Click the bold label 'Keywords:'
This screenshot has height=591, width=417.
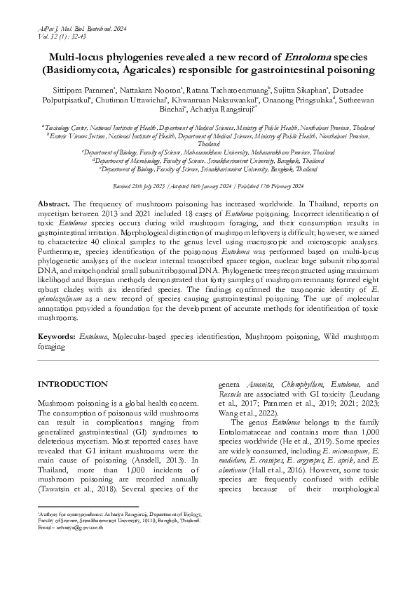57,337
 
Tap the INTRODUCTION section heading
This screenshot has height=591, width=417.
72,385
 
